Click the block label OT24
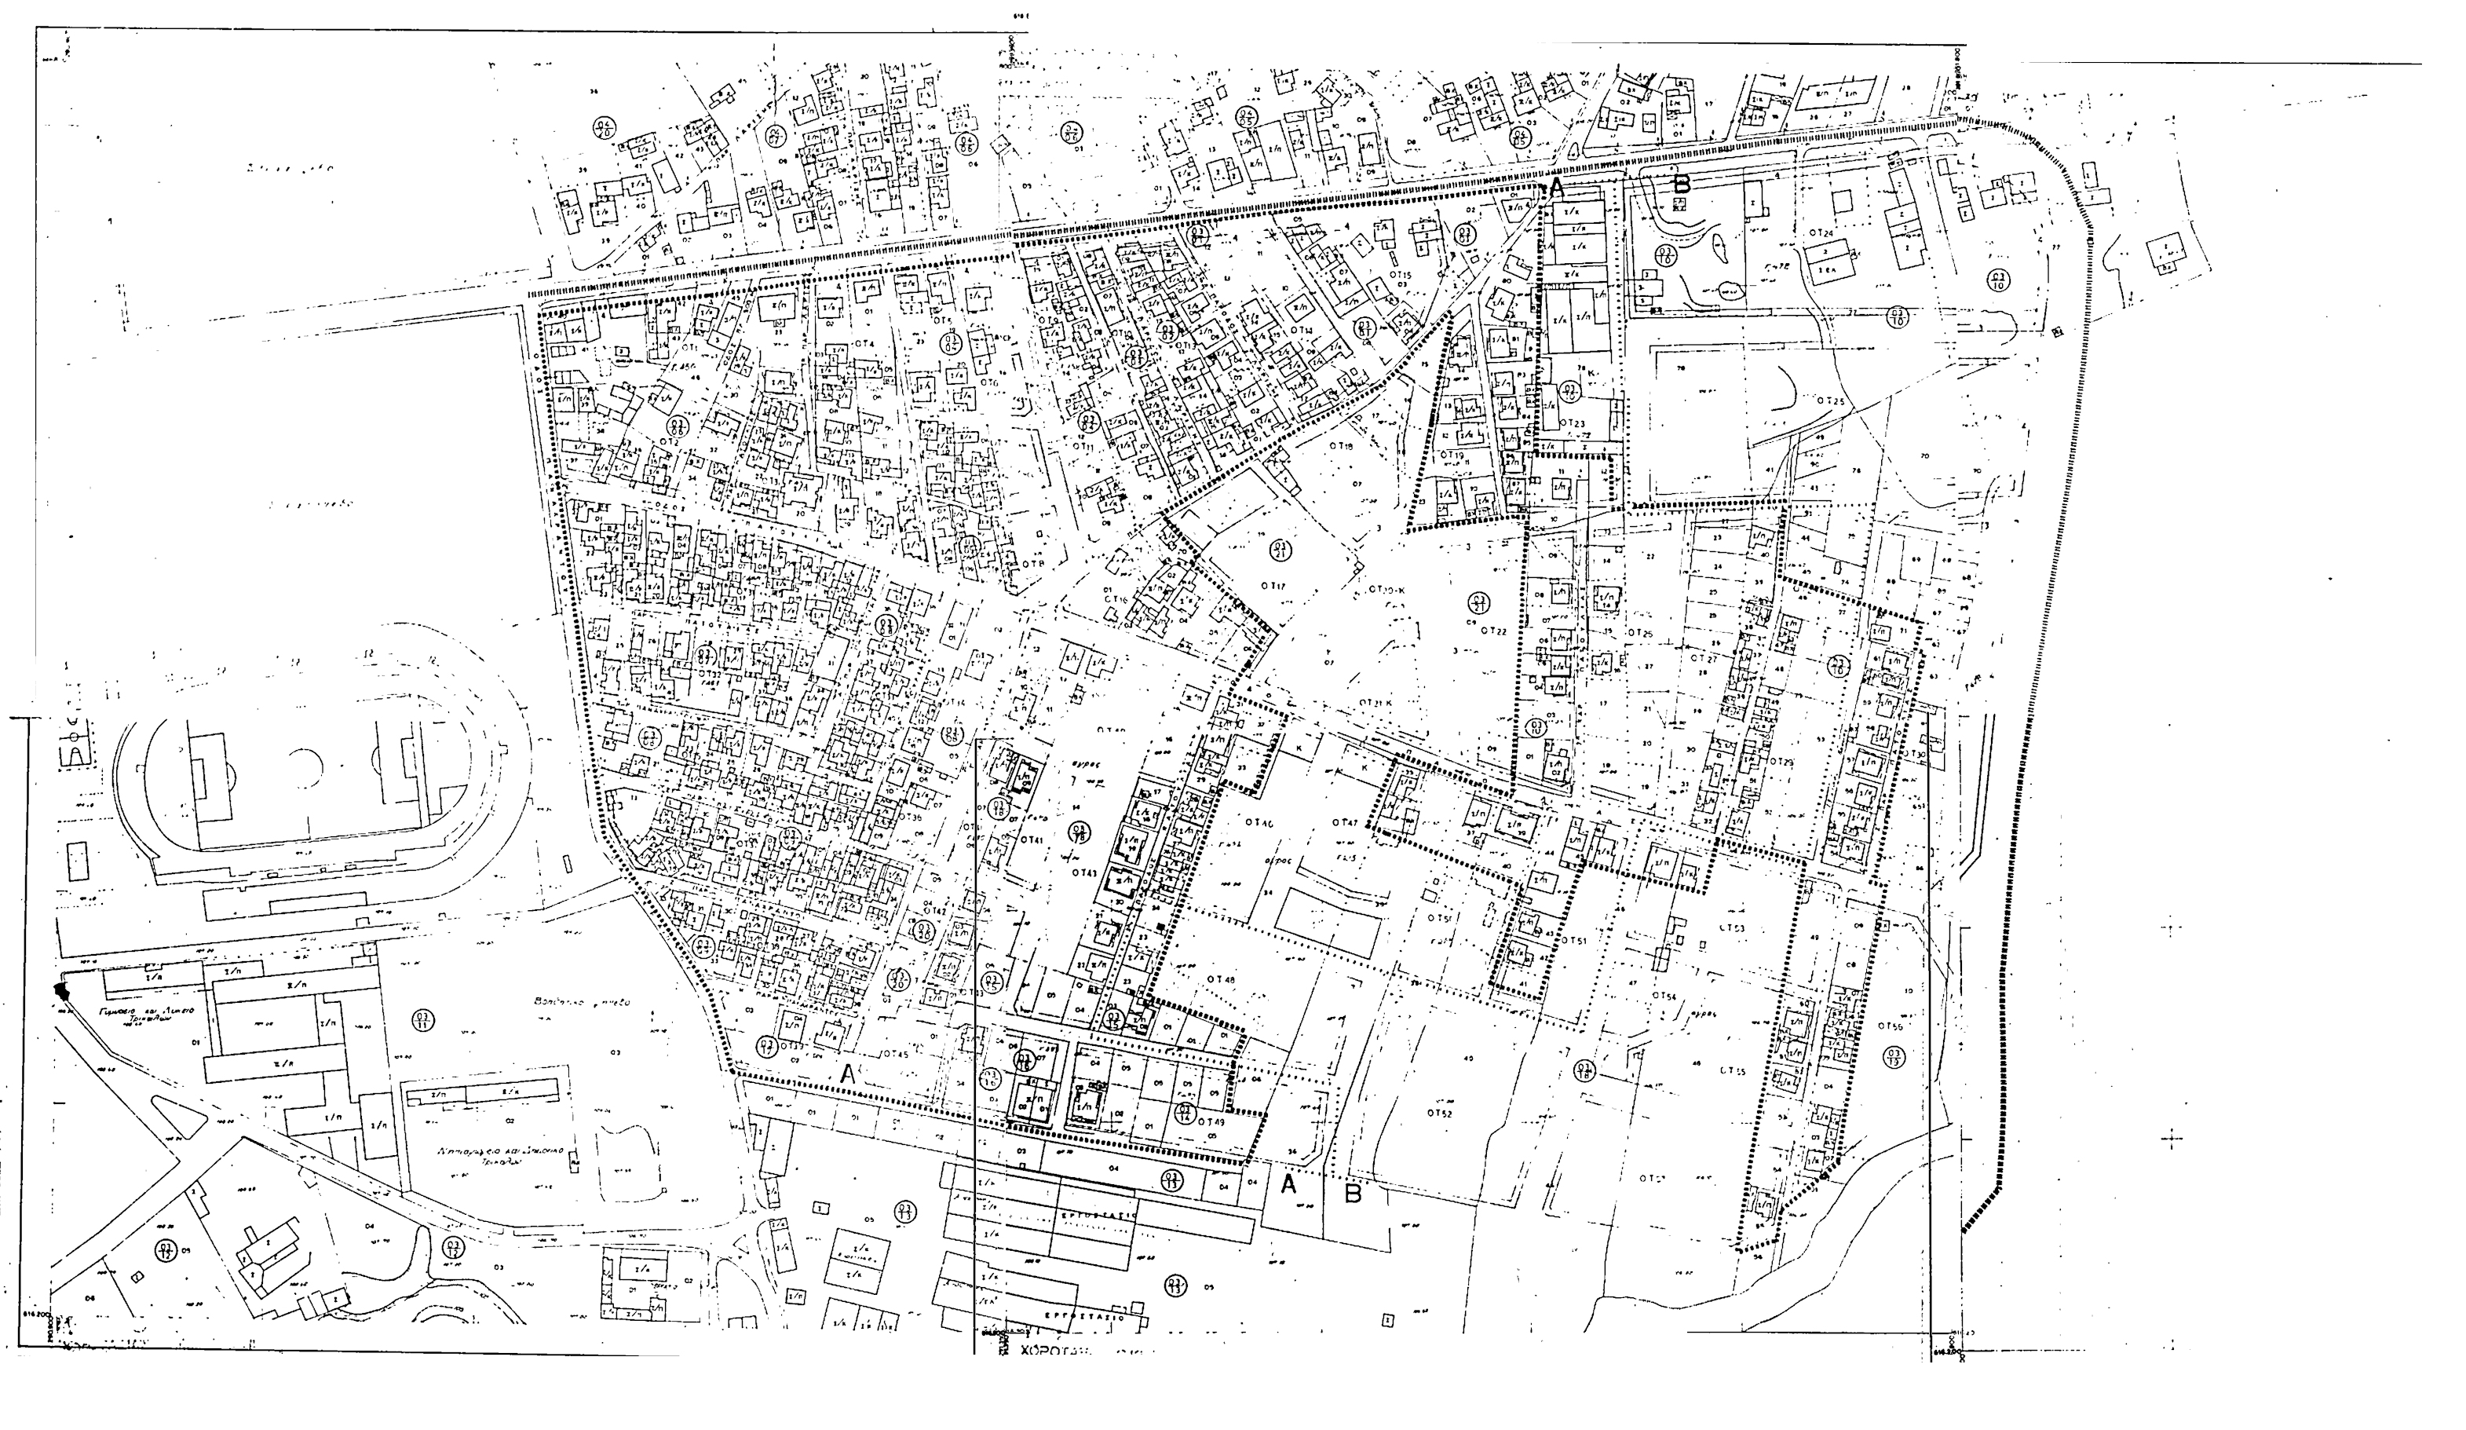1820,234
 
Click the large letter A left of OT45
849,1073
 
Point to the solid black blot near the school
64,992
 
